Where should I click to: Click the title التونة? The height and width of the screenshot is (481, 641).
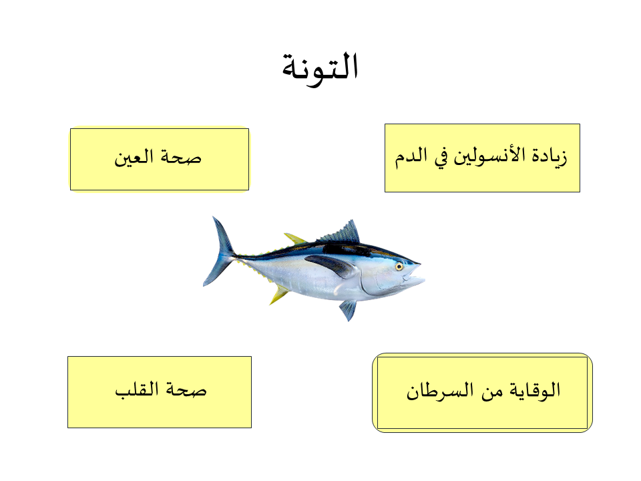(x=320, y=68)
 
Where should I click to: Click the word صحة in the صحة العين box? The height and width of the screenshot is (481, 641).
(x=181, y=157)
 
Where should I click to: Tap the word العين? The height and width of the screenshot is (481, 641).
(x=134, y=158)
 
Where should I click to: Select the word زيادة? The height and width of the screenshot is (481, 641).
(x=550, y=156)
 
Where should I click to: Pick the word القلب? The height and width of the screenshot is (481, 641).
(x=136, y=389)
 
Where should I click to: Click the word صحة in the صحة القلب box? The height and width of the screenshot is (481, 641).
(x=186, y=389)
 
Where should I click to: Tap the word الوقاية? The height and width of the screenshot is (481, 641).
(x=535, y=391)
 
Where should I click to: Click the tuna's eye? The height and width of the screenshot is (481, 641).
(x=399, y=267)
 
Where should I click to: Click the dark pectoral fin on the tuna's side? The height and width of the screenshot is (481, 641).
(x=331, y=265)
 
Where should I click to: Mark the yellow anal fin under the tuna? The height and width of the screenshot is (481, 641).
(x=279, y=294)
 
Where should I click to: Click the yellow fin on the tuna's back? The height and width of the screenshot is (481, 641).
(x=295, y=238)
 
